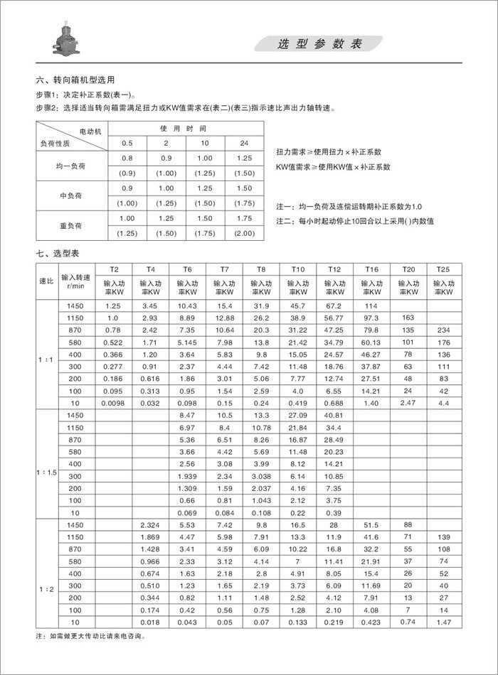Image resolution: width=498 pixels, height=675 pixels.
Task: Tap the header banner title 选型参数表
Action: pos(319,44)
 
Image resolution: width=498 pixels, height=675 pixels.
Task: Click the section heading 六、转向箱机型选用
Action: pos(75,80)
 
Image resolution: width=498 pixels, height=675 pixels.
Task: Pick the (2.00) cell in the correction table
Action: pos(244,234)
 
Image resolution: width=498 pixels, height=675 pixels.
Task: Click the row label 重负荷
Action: pos(71,226)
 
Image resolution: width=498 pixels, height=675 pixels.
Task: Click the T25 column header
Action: pos(443,270)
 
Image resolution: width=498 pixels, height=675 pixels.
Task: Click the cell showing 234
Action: pos(443,330)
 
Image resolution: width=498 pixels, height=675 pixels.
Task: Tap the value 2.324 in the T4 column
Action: pos(150,524)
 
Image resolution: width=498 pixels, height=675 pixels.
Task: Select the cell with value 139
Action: pos(443,536)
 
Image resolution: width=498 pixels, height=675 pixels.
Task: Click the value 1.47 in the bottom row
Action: pos(443,622)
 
